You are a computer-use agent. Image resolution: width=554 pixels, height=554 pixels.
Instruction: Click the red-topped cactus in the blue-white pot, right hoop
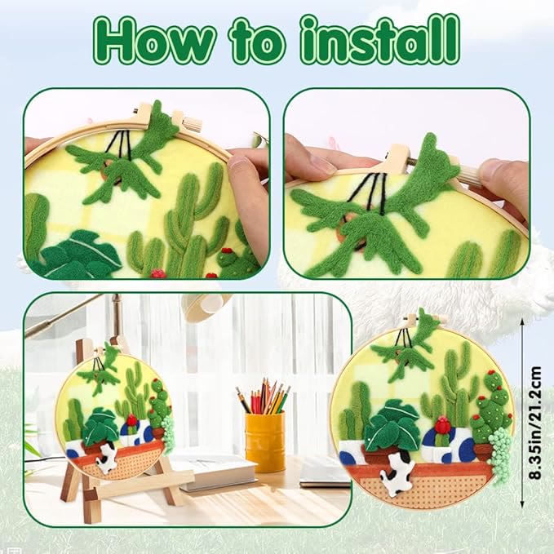pyautogui.click(x=441, y=432)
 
